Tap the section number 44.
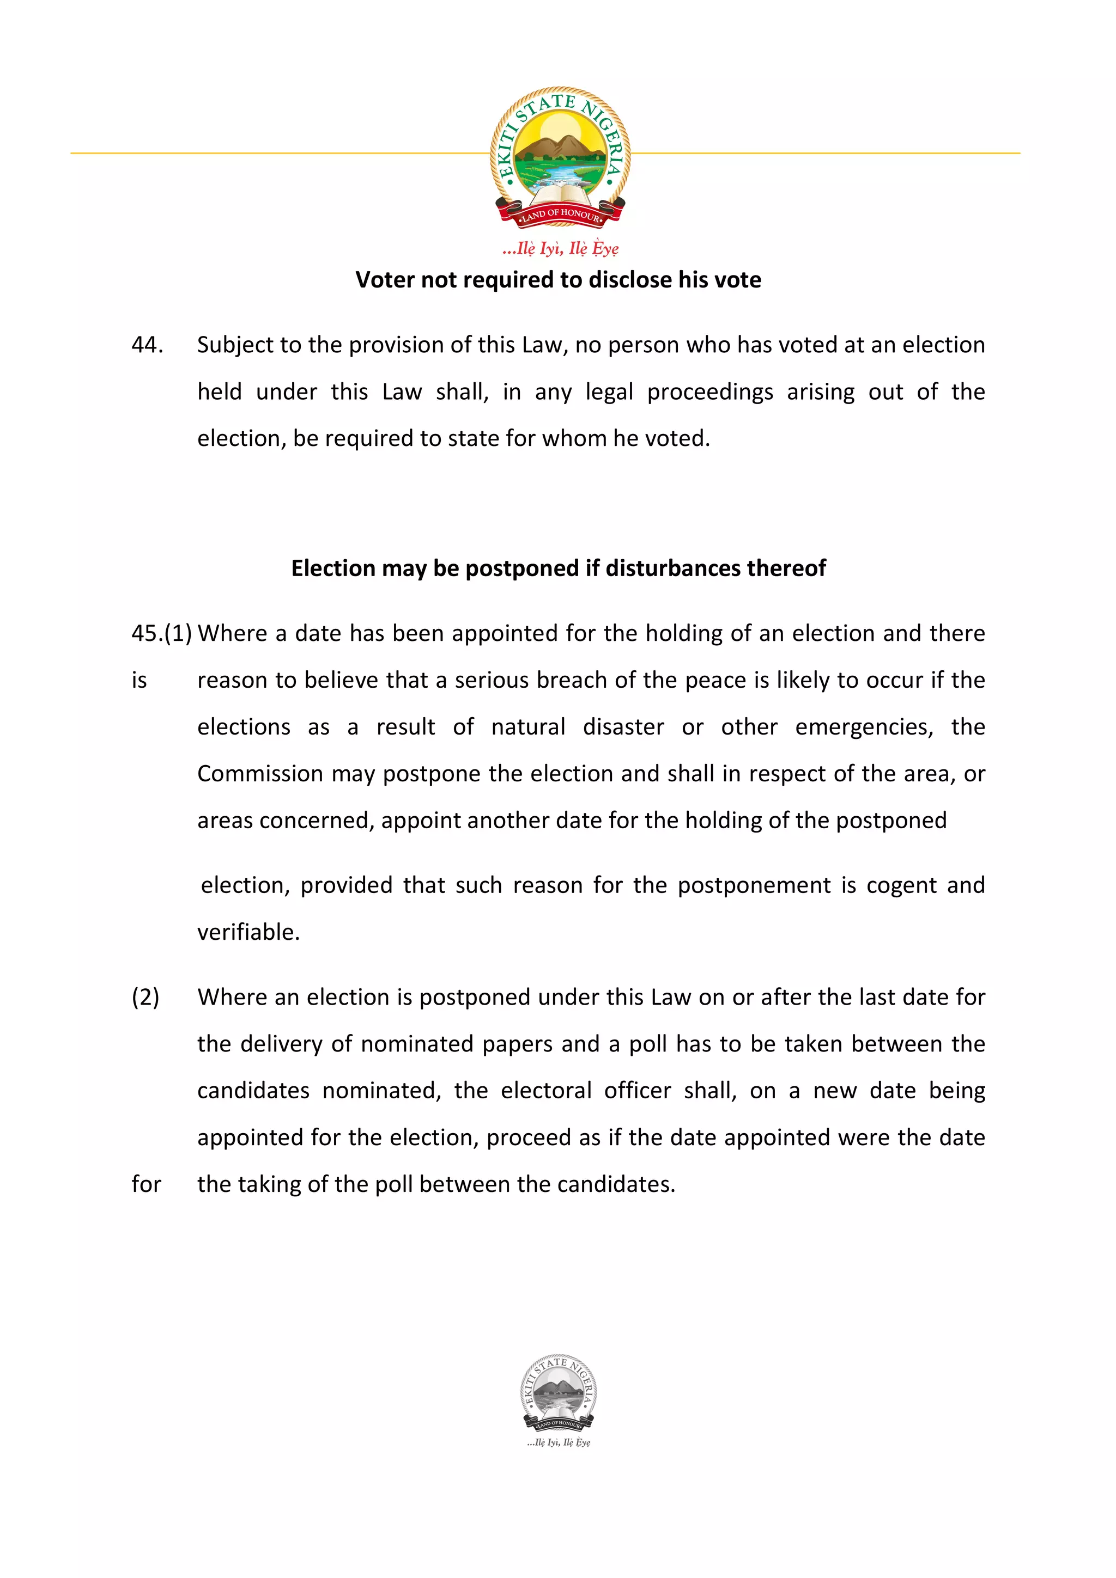(147, 345)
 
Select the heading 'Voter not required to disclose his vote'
(557, 280)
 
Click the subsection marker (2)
(145, 997)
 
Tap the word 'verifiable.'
(248, 933)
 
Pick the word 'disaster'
(623, 727)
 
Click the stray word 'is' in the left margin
(139, 681)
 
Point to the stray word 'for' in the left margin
(146, 1184)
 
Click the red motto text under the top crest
(560, 248)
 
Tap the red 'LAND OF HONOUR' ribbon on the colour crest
(560, 215)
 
